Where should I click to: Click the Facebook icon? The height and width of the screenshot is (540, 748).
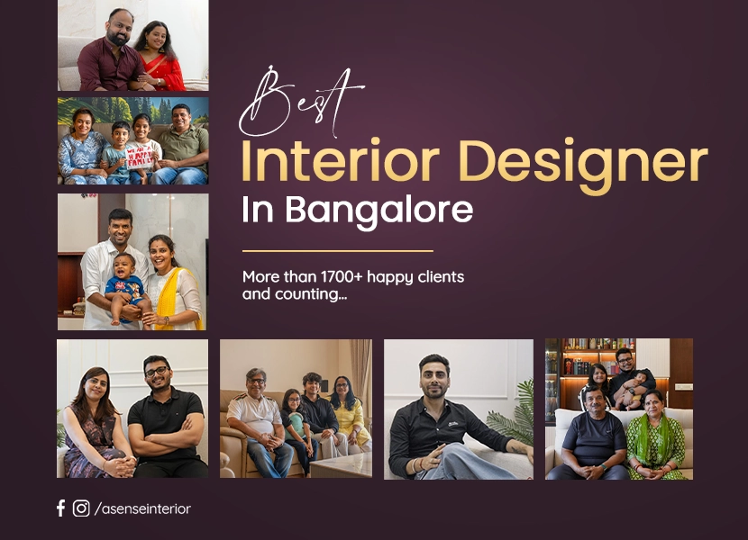(60, 508)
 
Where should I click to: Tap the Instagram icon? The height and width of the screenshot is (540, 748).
(81, 508)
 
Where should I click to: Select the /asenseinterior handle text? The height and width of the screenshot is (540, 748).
(142, 509)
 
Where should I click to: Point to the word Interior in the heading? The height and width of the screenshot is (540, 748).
(340, 160)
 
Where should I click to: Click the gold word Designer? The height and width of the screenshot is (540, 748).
(585, 165)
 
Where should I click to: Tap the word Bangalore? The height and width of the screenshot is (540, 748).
(379, 211)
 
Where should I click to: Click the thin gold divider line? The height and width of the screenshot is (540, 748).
(338, 251)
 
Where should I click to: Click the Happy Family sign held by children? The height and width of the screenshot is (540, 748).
(141, 157)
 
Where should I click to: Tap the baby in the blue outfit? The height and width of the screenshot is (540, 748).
(124, 288)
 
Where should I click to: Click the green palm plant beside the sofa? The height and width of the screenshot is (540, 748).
(513, 415)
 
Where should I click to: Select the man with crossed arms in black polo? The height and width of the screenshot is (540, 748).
(165, 417)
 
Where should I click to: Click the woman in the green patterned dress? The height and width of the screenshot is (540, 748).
(657, 436)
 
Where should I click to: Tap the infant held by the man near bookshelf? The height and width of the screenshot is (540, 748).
(632, 389)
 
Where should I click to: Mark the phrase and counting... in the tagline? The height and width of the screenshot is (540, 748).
(295, 294)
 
